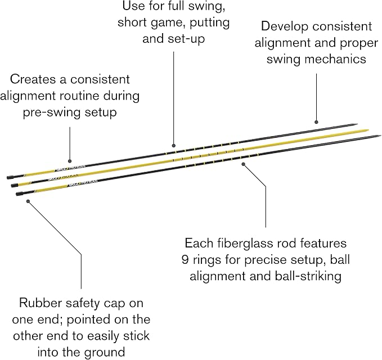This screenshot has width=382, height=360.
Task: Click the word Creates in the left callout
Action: coord(33,79)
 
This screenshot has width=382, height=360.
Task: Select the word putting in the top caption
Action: coord(210,23)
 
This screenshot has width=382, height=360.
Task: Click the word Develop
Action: coord(284,27)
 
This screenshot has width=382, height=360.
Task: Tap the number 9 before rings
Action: coord(186,260)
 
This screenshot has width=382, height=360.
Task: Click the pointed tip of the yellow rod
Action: coord(368,130)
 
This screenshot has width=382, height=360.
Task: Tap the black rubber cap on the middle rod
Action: coord(15,186)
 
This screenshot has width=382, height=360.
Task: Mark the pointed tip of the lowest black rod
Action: coord(380,136)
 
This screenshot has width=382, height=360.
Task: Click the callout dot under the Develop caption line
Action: coord(316,122)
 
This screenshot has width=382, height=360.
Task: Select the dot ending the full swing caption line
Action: coord(173,146)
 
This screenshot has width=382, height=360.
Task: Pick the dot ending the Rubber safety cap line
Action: coord(28,201)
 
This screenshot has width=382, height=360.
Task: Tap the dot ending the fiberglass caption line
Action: coord(243,164)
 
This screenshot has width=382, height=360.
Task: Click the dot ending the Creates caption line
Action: coord(70,161)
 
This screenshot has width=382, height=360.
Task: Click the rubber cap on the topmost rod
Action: coord(11,177)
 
